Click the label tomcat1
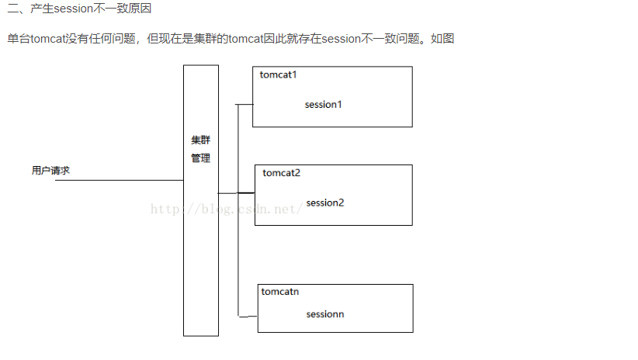pyautogui.click(x=279, y=75)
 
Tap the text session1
pyautogui.click(x=324, y=104)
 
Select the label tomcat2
pyautogui.click(x=281, y=172)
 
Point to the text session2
pyautogui.click(x=325, y=202)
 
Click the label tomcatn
pyautogui.click(x=280, y=292)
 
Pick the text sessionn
pyautogui.click(x=325, y=314)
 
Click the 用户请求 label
pyautogui.click(x=50, y=171)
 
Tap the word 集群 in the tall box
pyautogui.click(x=200, y=141)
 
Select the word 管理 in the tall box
pyautogui.click(x=200, y=158)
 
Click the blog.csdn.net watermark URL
pyautogui.click(x=225, y=209)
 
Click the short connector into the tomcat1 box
pyautogui.click(x=244, y=104)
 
